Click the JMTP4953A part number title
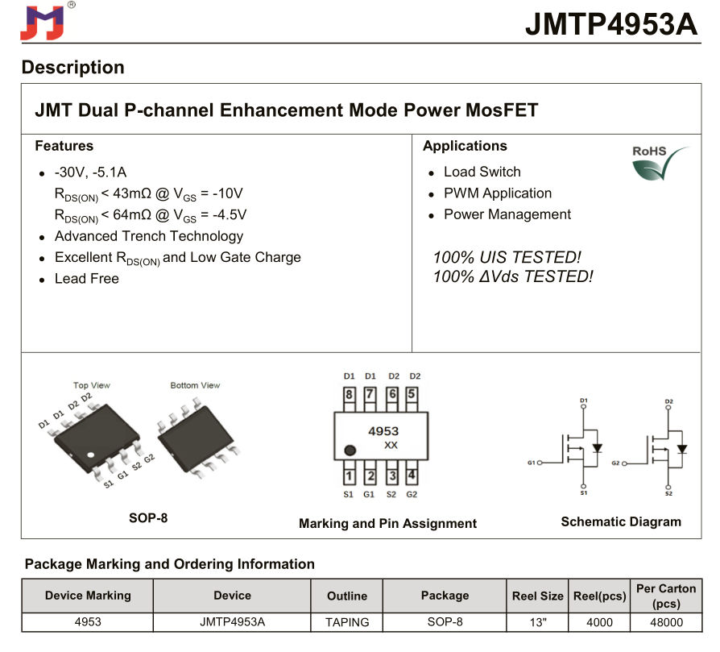[611, 23]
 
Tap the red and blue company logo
[41, 23]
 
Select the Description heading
[73, 67]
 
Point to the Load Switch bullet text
[482, 172]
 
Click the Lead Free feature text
[86, 279]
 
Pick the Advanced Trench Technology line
[148, 236]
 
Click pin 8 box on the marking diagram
[349, 394]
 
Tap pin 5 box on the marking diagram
[412, 394]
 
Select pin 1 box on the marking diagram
[349, 476]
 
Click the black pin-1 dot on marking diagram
[350, 451]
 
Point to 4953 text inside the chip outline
[383, 431]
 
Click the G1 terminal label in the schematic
[532, 463]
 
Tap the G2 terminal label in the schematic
[616, 463]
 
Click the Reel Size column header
[537, 596]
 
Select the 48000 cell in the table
[666, 622]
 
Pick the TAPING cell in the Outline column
[347, 622]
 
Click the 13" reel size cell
[537, 622]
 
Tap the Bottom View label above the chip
[195, 385]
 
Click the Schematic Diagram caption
[620, 521]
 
